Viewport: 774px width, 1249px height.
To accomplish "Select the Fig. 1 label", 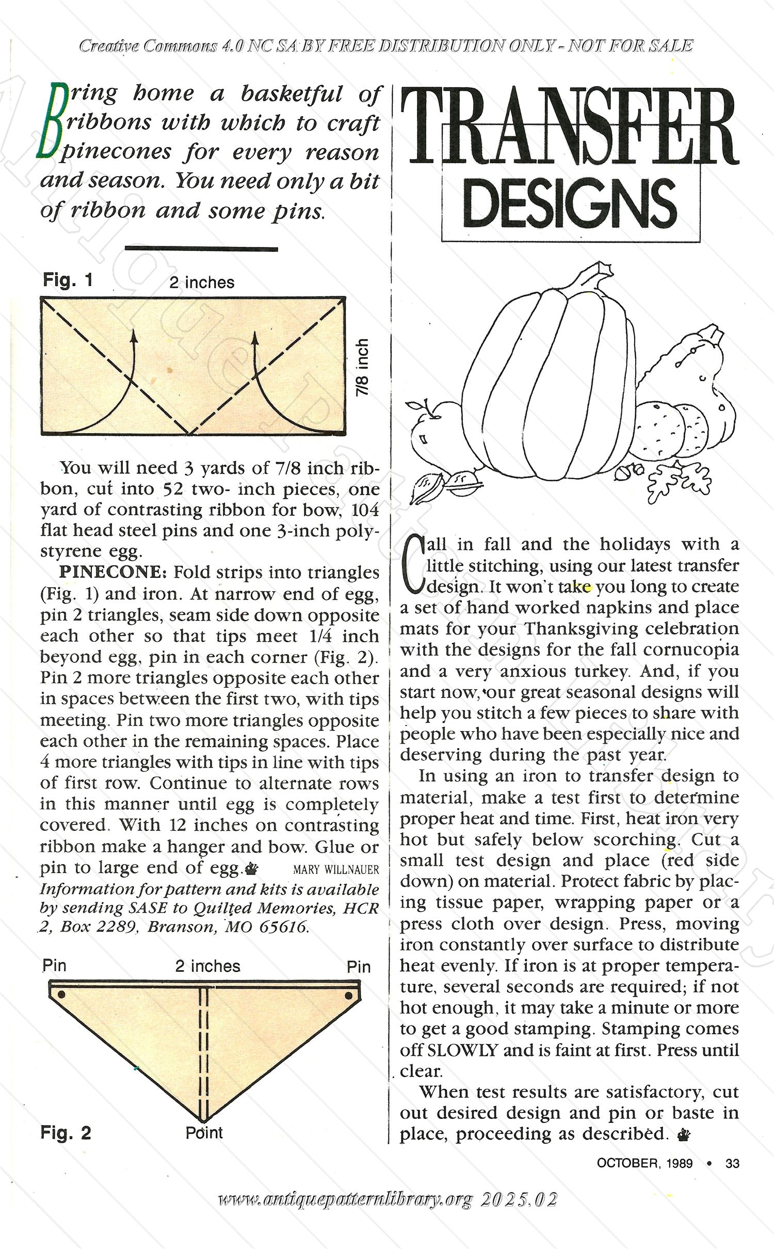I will click(x=68, y=280).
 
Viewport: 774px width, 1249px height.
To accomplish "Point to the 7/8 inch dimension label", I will click(x=363, y=367).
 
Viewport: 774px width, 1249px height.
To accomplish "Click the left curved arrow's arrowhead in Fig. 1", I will click(x=134, y=336).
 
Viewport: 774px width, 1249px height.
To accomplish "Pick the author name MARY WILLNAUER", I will click(x=336, y=869).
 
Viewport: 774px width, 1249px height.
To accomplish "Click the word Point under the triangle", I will click(x=204, y=1133).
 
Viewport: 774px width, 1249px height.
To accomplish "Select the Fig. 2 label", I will click(x=66, y=1133).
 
